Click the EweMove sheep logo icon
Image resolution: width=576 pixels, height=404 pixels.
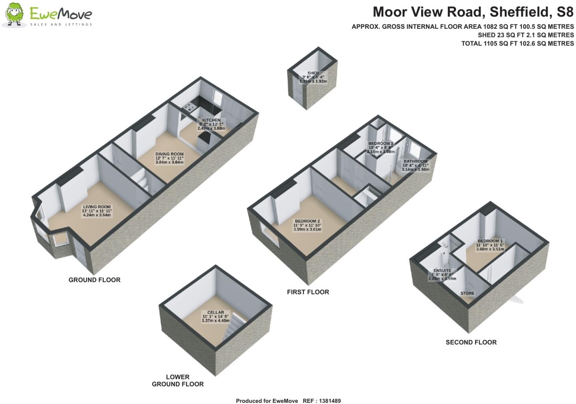click(x=15, y=15)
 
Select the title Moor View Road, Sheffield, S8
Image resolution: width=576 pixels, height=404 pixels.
click(x=473, y=12)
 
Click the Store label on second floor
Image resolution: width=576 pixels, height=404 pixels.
click(x=467, y=293)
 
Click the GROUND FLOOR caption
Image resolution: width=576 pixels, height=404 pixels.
click(x=95, y=280)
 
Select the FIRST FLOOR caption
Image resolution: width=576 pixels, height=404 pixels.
click(x=308, y=292)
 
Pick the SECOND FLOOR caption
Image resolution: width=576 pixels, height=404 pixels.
click(x=471, y=342)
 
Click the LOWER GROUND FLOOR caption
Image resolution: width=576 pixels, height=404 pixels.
click(x=178, y=380)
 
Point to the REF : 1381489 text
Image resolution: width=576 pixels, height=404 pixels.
click(x=321, y=401)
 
